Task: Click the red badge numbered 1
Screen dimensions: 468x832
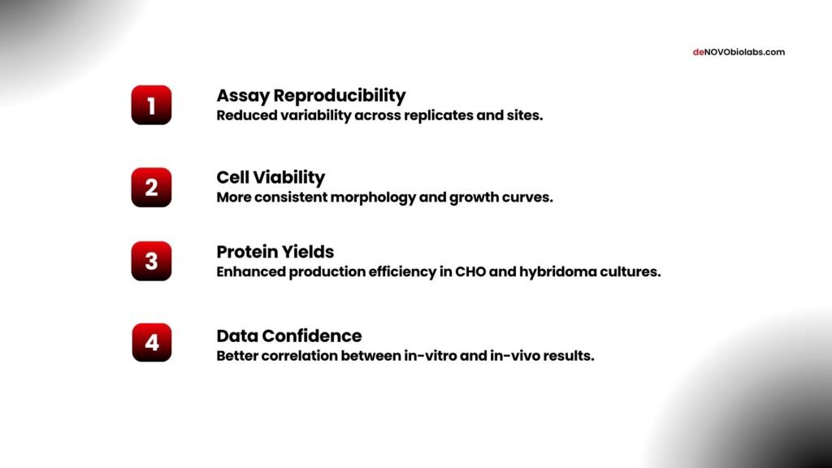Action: tap(151, 105)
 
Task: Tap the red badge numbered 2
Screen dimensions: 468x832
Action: tap(151, 187)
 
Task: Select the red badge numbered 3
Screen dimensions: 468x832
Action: tap(151, 261)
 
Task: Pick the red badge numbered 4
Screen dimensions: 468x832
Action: tap(151, 342)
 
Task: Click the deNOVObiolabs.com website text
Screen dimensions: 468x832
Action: tap(739, 52)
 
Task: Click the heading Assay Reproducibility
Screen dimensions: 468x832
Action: tap(310, 95)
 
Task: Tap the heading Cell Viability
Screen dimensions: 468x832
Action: tap(271, 177)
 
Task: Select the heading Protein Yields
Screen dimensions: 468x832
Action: tap(275, 251)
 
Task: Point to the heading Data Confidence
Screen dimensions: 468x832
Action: tap(288, 336)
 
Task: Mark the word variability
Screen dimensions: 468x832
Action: tap(312, 115)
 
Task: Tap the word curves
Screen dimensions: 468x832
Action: tap(529, 197)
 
